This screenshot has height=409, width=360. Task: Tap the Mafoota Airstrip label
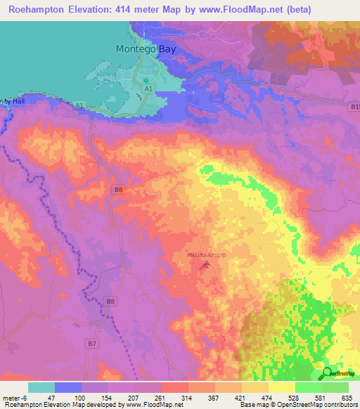206,254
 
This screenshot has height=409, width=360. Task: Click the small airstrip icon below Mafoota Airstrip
205,265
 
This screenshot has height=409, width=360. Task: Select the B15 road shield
354,106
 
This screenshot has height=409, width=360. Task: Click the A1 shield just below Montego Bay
148,89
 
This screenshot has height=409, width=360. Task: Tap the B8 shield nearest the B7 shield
110,301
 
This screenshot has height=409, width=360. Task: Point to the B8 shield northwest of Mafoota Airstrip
119,189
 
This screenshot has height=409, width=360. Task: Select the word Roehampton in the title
34,10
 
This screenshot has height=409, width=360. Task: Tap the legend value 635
345,398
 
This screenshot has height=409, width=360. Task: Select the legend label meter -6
14,398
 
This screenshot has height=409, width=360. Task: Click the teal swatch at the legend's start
41,387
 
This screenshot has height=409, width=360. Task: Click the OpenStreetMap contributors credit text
314,405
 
